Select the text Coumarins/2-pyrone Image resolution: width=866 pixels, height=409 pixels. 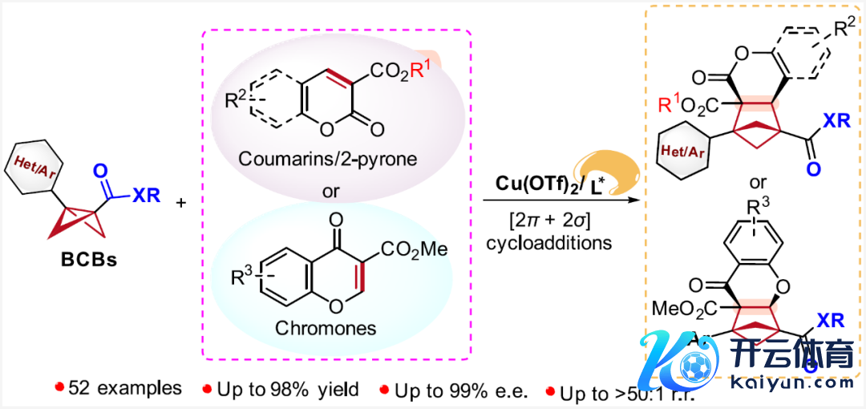[327, 159]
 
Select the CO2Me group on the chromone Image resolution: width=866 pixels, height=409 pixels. [414, 249]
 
